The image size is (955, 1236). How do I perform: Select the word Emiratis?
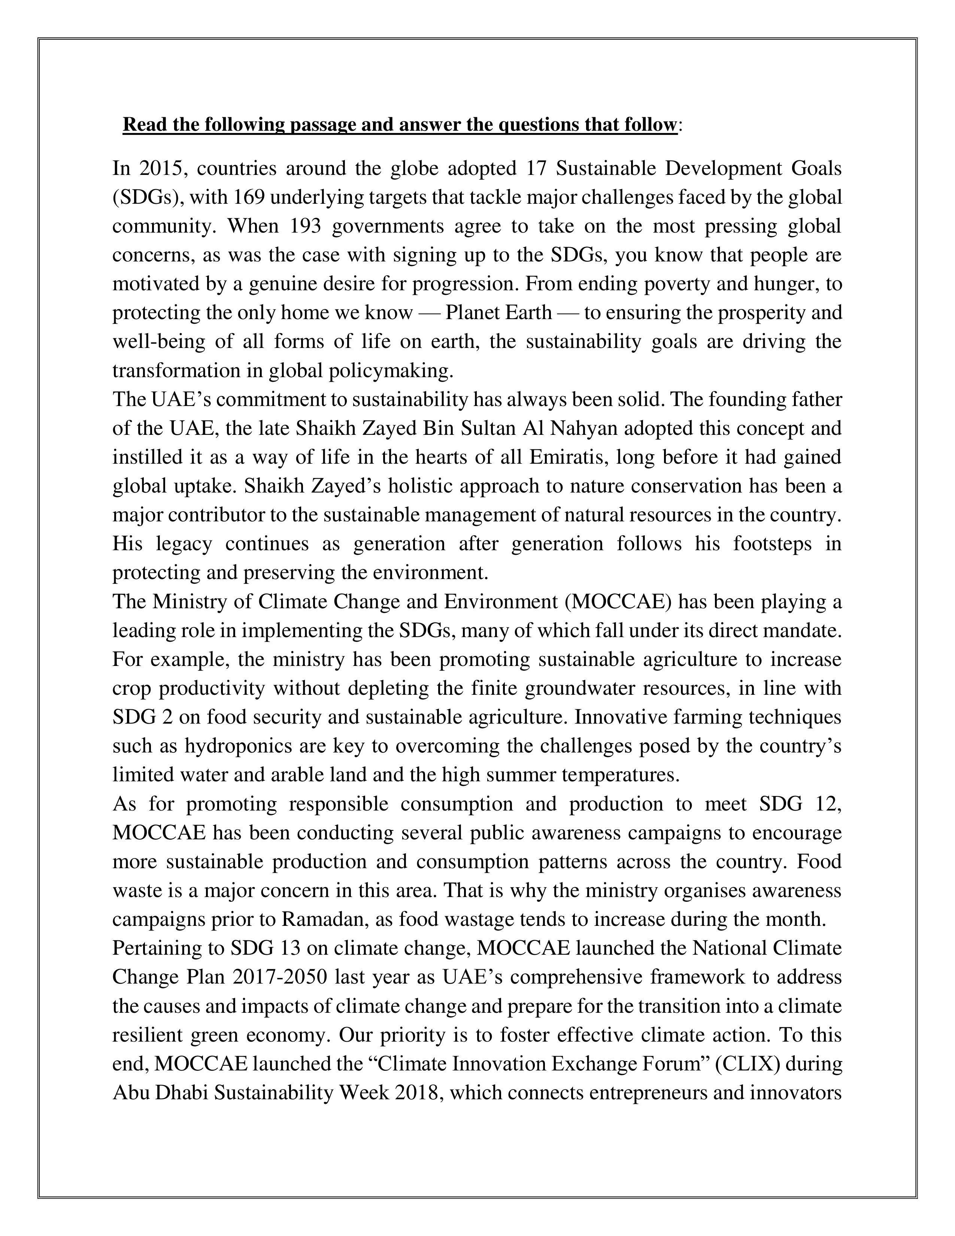pos(567,457)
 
